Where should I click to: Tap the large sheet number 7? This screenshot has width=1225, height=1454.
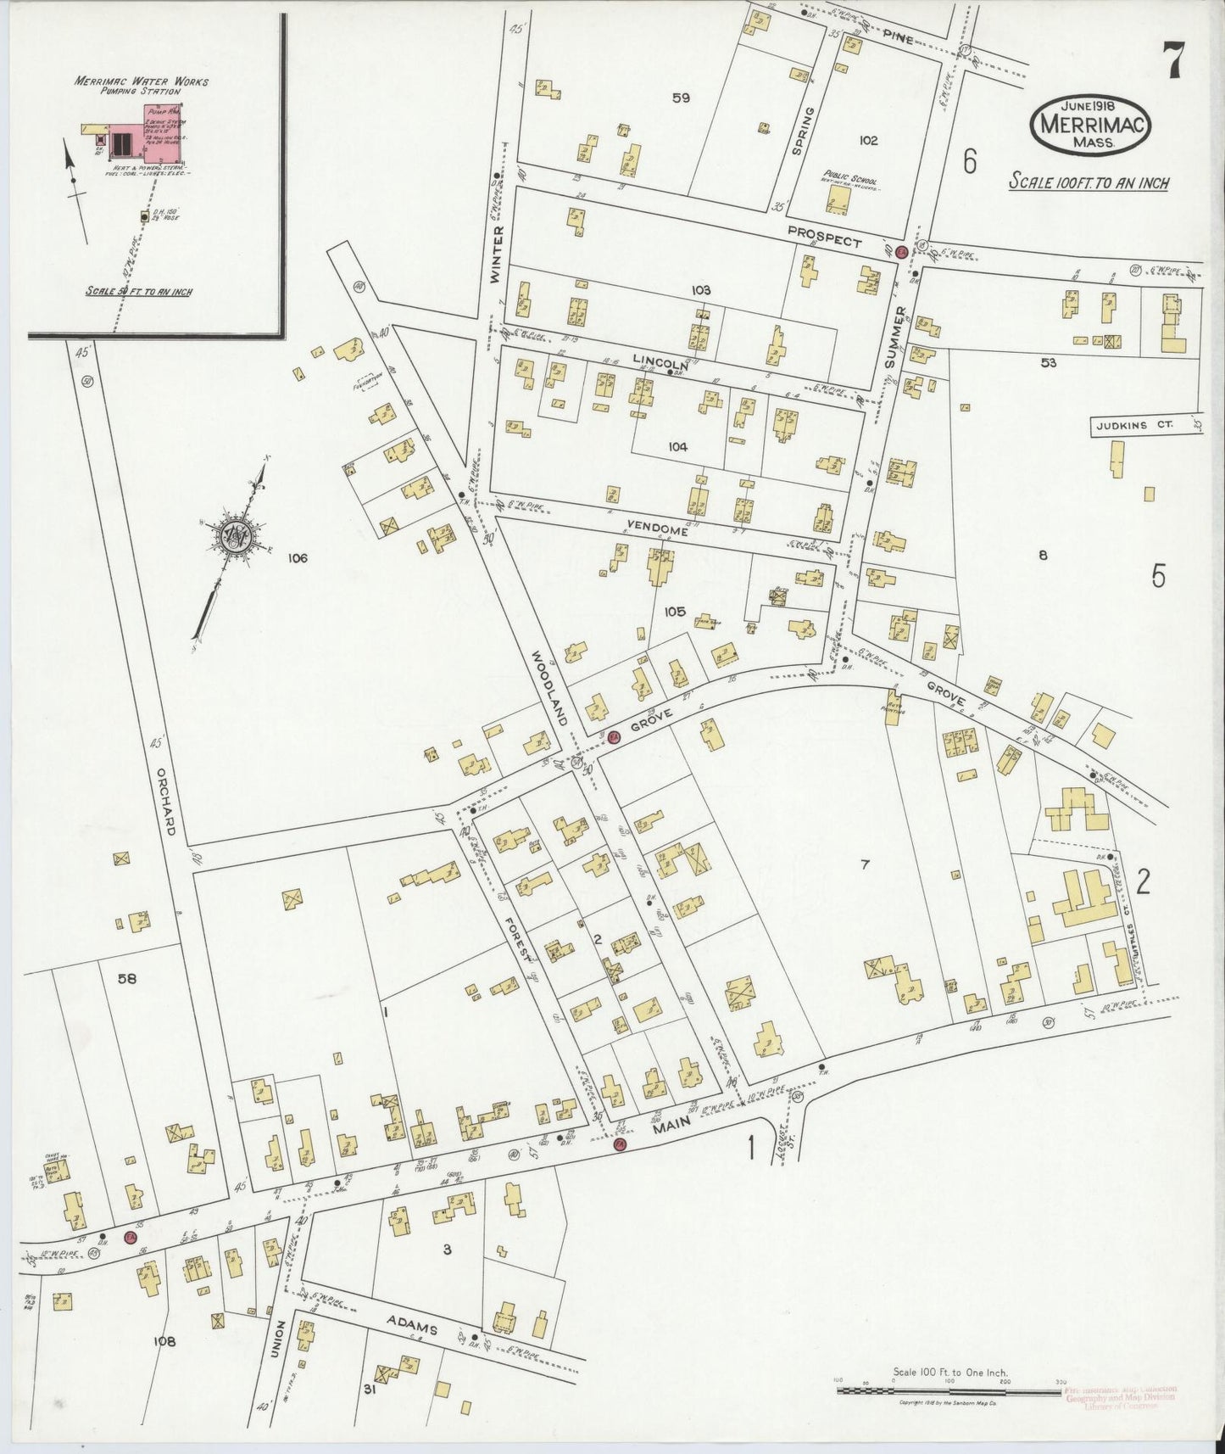click(x=1173, y=60)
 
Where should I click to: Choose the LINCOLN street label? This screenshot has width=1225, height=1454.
click(x=660, y=364)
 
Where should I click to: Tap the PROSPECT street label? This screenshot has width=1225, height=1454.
click(x=824, y=237)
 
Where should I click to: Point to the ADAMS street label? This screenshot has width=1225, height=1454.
click(x=412, y=1324)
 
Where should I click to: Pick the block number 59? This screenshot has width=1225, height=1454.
click(x=681, y=98)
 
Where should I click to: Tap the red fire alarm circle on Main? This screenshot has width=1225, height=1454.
click(x=619, y=1144)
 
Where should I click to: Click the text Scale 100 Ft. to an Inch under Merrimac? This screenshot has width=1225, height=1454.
click(x=1089, y=182)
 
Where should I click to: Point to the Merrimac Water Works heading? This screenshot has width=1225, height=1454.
click(x=141, y=82)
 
